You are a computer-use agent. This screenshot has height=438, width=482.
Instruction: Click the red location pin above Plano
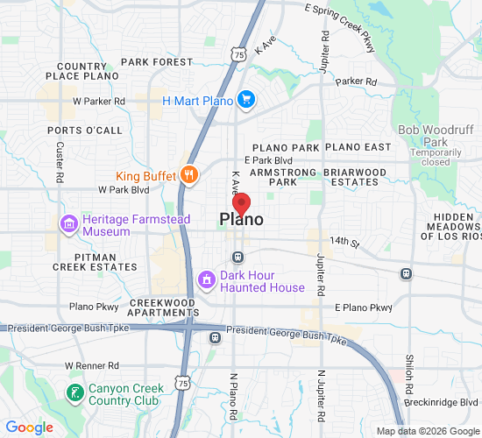point(244,203)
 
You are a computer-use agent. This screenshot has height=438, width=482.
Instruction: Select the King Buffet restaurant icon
point(188,174)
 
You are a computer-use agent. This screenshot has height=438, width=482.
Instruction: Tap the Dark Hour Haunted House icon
point(207,280)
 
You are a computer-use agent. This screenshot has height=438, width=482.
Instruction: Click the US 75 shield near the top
point(239,54)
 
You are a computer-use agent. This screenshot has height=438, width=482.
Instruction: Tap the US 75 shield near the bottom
point(181,383)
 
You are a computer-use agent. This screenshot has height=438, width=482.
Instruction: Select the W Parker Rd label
point(99,101)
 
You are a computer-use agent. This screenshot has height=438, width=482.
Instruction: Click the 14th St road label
point(344,240)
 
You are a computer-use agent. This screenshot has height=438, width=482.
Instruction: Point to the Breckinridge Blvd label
point(442,401)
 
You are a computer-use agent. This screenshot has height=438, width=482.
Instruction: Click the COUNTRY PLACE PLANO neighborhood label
point(82,71)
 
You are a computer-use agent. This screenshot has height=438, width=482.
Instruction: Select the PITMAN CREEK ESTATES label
point(89,260)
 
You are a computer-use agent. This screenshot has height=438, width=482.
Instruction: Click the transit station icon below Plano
point(237,257)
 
